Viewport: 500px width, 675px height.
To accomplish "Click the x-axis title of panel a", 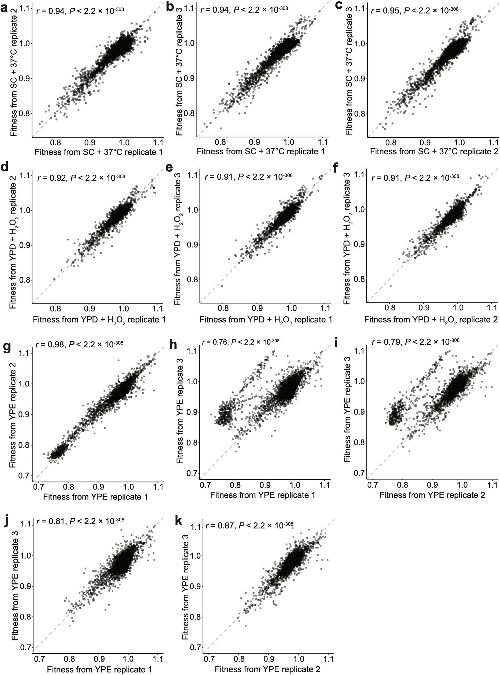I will (x=99, y=152).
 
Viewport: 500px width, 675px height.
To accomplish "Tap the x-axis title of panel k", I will (x=267, y=669).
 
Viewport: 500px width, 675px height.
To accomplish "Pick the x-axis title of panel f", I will (x=431, y=320).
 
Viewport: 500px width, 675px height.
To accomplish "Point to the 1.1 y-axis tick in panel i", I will (x=360, y=351).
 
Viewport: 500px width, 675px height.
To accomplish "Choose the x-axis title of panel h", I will (x=263, y=495).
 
